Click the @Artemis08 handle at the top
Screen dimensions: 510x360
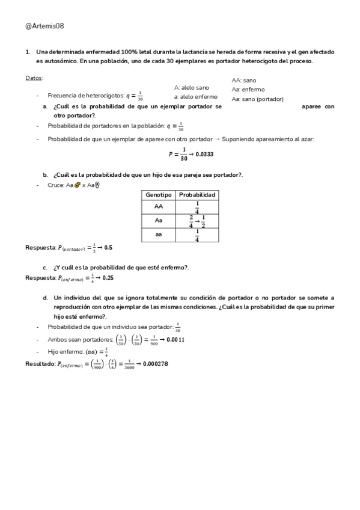[45, 26]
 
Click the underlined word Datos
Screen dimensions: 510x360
[34, 79]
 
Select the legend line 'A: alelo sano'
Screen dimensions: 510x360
[192, 87]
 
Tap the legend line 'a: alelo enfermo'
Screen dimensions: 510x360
[195, 96]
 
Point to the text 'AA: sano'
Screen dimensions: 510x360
[244, 80]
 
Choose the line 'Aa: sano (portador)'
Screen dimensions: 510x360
[258, 99]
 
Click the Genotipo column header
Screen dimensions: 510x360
[159, 195]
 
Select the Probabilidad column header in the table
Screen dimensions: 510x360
[197, 195]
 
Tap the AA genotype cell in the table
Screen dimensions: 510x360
[159, 206]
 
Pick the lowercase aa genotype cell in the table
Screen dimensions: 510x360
[159, 235]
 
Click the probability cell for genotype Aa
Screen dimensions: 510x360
[197, 221]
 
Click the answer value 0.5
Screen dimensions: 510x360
[108, 248]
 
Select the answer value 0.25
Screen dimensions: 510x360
[108, 278]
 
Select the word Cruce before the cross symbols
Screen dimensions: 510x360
[56, 185]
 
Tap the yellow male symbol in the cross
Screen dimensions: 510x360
[78, 185]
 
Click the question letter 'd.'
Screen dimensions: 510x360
[45, 298]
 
